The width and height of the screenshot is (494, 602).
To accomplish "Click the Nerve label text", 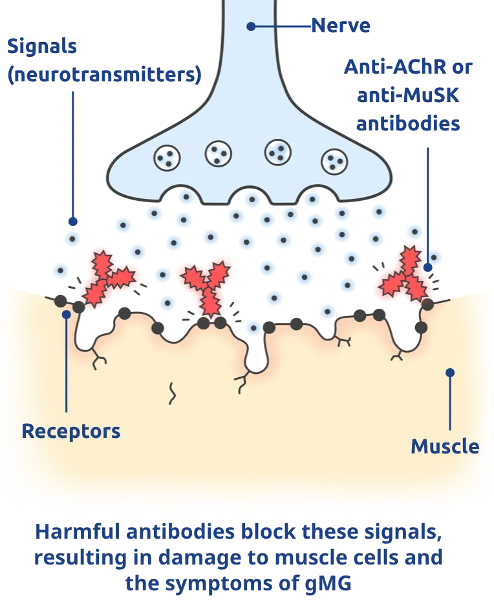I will [341, 26].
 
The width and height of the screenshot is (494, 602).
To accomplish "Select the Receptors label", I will [70, 431].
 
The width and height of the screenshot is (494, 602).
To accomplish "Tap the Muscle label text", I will [445, 446].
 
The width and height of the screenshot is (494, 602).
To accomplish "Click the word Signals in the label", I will [41, 47].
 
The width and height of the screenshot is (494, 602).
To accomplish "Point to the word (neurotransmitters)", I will [103, 74].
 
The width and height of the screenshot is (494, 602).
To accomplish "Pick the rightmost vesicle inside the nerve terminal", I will [334, 159].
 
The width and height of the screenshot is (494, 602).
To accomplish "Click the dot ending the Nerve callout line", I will [251, 26].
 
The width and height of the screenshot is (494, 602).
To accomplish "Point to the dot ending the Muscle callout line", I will [450, 373].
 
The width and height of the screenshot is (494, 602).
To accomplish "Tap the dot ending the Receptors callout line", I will [66, 315].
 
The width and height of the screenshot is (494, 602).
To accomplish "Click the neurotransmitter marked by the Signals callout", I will [72, 239].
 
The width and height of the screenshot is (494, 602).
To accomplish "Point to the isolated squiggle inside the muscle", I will [173, 393].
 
